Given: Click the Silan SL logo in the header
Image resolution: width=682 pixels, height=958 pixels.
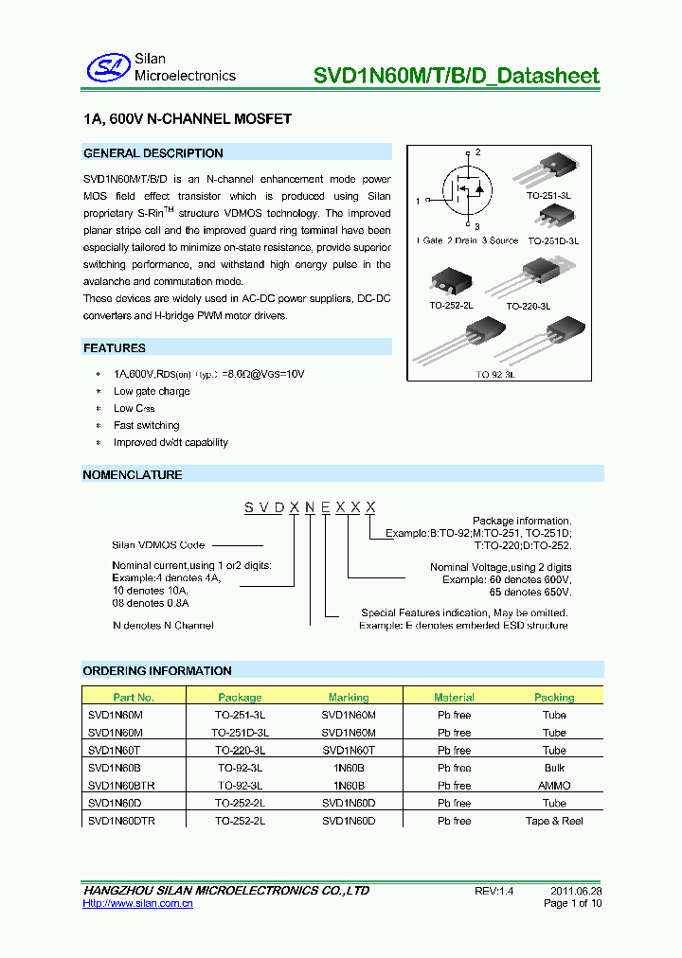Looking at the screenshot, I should [107, 66].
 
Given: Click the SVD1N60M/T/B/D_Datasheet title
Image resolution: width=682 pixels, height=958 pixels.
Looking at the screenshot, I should [457, 76].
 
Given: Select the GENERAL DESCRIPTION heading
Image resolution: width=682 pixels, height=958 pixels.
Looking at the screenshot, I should [153, 153].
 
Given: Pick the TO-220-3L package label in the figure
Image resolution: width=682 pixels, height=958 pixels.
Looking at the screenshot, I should [528, 306].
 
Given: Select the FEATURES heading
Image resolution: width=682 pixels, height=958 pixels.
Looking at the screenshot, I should [115, 348].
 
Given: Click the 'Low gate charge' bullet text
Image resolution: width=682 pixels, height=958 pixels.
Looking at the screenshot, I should [152, 391].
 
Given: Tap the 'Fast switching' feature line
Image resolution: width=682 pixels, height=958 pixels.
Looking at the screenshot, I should [146, 425].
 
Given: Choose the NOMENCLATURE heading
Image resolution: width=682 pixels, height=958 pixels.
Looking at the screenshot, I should [133, 474].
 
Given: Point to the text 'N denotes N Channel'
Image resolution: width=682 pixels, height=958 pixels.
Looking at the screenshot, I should [163, 625].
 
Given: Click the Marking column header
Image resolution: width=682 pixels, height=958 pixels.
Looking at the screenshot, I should [349, 697].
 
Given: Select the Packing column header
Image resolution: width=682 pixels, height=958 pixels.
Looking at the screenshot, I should [554, 697].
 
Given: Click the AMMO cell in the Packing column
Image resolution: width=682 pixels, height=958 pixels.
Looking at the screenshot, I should [554, 786].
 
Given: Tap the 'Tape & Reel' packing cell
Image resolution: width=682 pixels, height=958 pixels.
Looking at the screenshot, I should [554, 821].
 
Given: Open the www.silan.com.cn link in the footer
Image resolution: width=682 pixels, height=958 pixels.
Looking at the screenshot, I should [138, 904].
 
